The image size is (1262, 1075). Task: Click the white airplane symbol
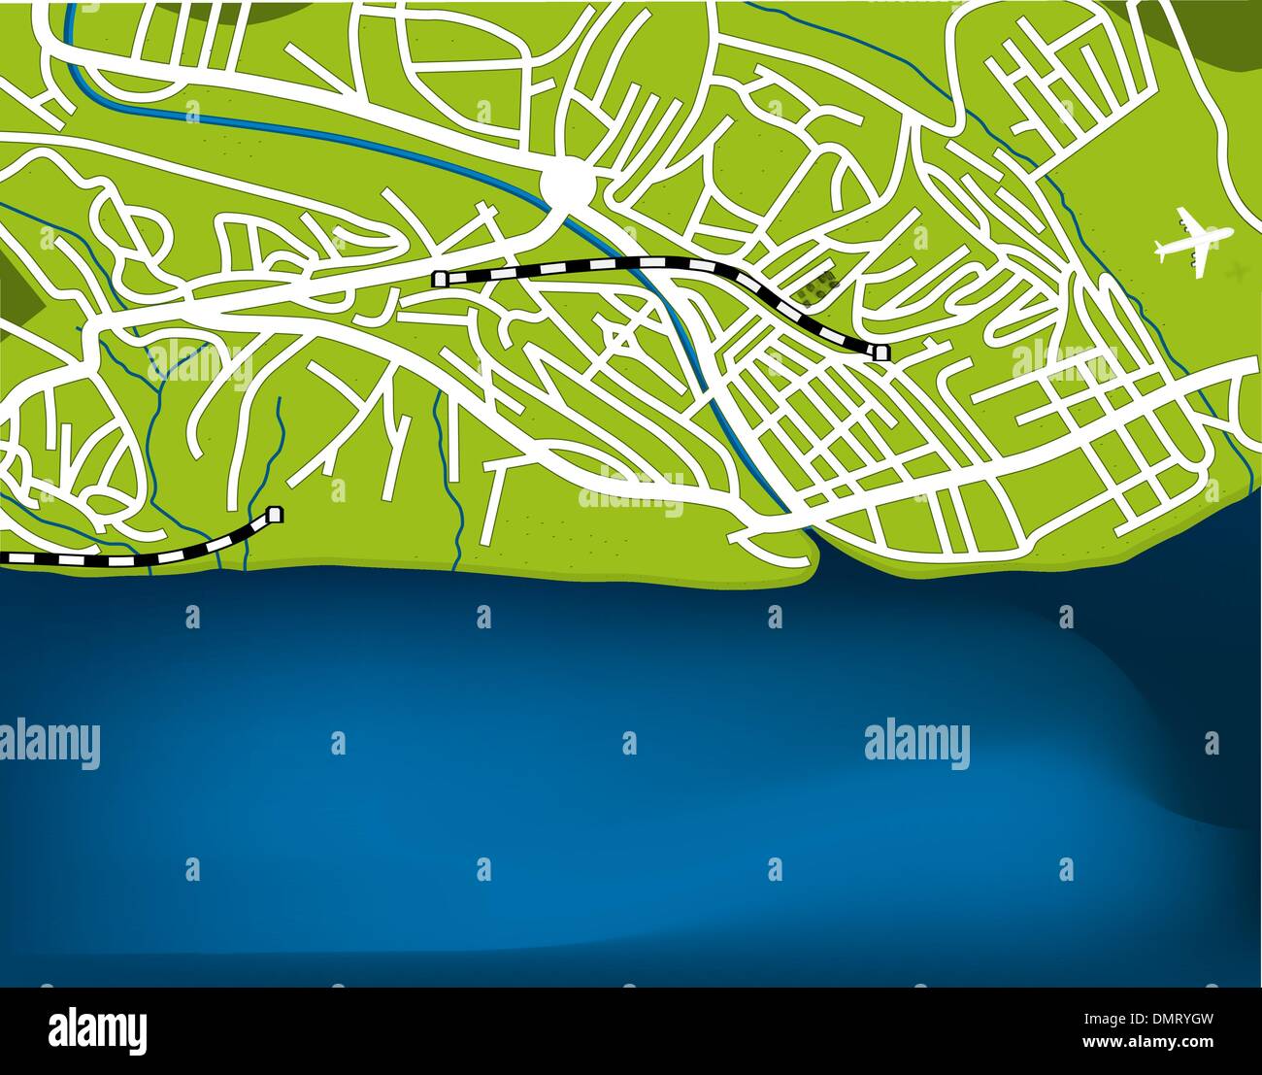click(1192, 237)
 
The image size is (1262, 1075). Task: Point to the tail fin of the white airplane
click(1160, 247)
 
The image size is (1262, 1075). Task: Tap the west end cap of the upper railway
click(440, 280)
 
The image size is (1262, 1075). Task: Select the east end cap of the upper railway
click(880, 353)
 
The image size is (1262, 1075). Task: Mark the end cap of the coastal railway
click(276, 514)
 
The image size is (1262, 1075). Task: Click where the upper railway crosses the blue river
click(621, 262)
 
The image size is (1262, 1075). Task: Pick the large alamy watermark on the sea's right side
click(916, 743)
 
